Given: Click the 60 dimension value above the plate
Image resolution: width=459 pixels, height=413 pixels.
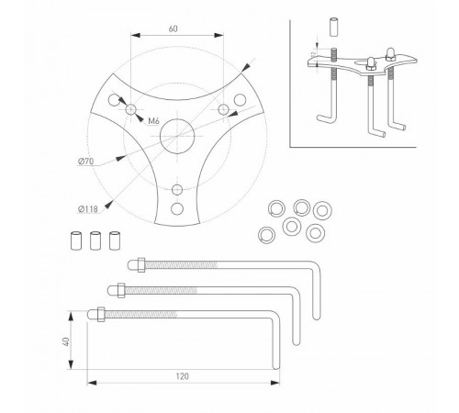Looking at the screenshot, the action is point(173,28).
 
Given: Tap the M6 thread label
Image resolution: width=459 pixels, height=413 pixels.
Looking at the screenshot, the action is point(153,121).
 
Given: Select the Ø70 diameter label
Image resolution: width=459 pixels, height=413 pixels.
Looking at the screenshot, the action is point(86,162).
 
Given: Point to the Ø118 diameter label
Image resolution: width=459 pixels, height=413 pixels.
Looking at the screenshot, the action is point(88,209).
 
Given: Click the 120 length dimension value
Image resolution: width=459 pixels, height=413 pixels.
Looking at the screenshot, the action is point(182,376).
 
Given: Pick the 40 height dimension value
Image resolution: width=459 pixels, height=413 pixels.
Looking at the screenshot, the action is point(66,341).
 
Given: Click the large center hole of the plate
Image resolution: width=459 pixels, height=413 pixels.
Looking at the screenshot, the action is point(177,136).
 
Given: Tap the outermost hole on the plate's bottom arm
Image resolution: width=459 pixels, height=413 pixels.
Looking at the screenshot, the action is point(177,209).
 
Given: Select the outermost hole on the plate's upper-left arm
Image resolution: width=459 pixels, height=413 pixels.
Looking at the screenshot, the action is point(114,100).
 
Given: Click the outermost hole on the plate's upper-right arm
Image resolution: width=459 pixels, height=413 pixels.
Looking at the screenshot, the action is point(240,100).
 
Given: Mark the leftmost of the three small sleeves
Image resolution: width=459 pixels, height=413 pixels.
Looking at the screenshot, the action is point(76,240).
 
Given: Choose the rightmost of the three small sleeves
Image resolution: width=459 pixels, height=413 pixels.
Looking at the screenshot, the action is point(115,240).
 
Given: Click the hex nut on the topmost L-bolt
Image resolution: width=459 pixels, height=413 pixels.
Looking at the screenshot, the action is point(141,264).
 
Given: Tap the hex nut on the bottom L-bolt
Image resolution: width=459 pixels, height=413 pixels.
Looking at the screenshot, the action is point(101,314).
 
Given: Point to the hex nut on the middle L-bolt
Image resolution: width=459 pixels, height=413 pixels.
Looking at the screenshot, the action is point(121,290).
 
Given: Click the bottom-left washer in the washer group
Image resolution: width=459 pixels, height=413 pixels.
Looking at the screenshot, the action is point(266,235).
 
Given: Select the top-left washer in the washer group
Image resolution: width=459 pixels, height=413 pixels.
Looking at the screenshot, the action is point(276,208).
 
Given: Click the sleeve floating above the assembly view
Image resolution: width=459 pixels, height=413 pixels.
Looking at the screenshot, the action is point(334,28).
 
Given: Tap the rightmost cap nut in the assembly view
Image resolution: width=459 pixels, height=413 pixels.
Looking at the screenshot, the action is point(390,54).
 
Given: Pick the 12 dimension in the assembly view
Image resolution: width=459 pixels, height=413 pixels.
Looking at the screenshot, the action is point(313,54).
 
